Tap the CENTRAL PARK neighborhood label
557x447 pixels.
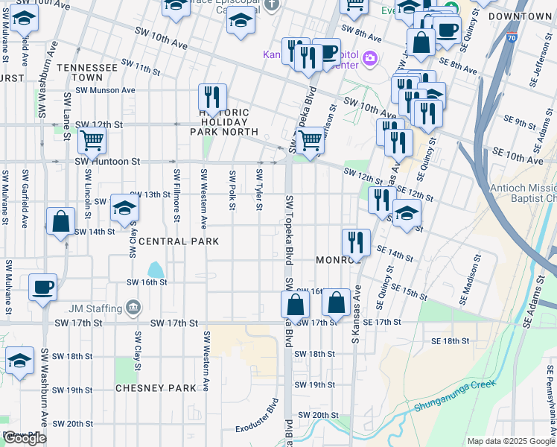point(179,241)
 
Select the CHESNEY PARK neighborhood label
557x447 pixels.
point(156,388)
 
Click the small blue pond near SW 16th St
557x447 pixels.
point(156,269)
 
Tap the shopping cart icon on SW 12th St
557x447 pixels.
point(92,139)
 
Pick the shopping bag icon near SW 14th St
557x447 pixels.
point(60,221)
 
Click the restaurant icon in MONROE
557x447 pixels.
point(356,242)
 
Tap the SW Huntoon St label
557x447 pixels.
point(107,161)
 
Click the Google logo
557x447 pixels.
point(25,438)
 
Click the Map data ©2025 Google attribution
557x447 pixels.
point(511,441)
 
